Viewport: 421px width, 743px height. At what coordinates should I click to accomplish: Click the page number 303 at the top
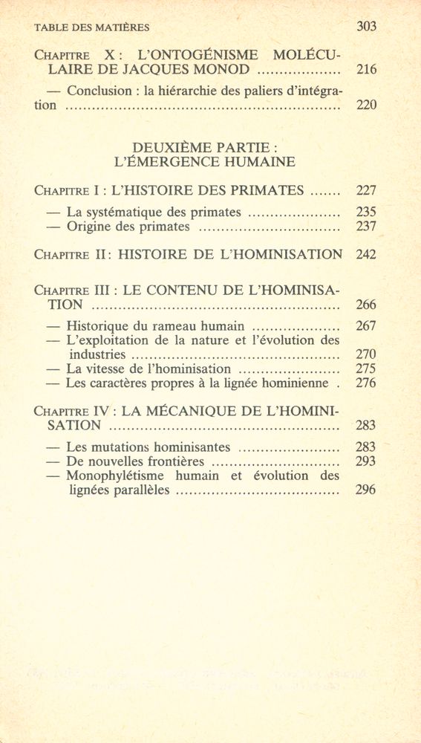tap(366, 27)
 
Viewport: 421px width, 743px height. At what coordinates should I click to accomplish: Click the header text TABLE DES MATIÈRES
tap(92, 27)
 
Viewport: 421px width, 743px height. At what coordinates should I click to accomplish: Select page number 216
tap(366, 71)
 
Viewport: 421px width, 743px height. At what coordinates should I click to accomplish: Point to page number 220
tap(366, 106)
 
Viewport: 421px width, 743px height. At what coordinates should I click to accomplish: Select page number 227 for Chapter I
tap(366, 190)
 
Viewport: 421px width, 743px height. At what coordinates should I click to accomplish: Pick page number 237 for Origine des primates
tap(366, 227)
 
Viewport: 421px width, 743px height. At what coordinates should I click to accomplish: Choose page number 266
tap(366, 305)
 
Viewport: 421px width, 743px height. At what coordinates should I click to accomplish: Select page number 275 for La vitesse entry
tap(366, 369)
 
